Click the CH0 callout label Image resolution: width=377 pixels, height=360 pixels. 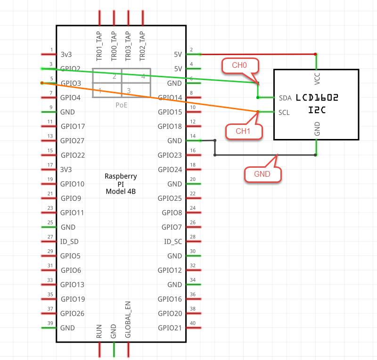[x=239, y=65]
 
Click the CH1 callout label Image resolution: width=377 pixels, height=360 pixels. [x=243, y=131]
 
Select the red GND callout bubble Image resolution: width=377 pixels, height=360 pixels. [x=262, y=174]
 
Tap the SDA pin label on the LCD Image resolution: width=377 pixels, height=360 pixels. [x=285, y=98]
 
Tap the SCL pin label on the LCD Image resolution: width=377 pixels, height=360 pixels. [x=284, y=113]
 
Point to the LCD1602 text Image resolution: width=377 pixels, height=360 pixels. [x=317, y=98]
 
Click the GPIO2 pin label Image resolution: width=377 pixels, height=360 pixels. [x=70, y=69]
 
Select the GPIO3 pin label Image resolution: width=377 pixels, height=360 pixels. [x=70, y=83]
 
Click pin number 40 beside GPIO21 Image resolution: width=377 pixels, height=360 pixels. [x=192, y=323]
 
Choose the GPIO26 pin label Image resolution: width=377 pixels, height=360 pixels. [x=73, y=313]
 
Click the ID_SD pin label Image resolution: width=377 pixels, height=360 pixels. [x=70, y=242]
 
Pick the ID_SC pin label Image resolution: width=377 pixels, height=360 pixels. [x=172, y=242]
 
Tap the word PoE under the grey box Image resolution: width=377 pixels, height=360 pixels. [x=122, y=105]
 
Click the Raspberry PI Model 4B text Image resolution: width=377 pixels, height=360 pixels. [x=121, y=184]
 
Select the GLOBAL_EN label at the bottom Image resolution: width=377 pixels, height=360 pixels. [x=128, y=319]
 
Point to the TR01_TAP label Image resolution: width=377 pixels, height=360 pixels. [x=99, y=46]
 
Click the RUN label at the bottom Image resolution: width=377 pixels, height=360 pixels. [x=99, y=332]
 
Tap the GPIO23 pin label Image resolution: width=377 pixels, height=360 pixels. [x=170, y=155]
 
